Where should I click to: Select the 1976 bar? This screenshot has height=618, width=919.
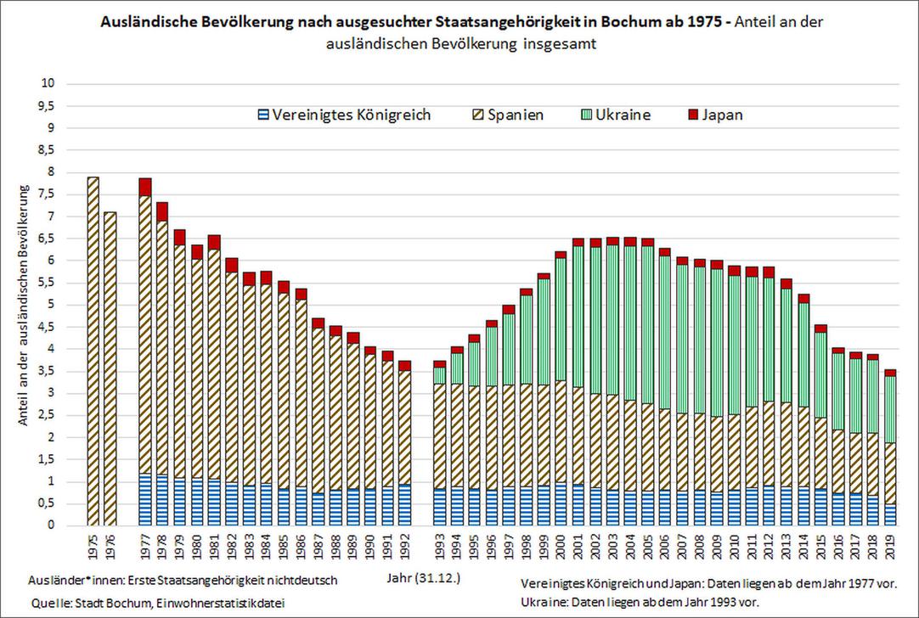click(110, 369)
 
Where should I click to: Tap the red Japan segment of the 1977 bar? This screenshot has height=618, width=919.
click(145, 187)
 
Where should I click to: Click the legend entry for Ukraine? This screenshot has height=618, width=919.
click(616, 115)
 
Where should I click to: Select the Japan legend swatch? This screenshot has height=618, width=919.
click(691, 115)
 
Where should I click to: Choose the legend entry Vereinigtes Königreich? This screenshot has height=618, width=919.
click(343, 115)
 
